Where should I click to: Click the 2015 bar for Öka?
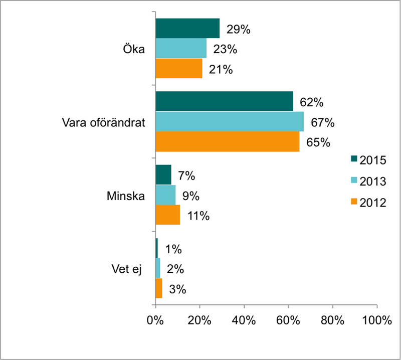[x=187, y=29]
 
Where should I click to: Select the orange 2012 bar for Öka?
[x=179, y=69]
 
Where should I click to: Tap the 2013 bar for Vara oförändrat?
[x=230, y=121]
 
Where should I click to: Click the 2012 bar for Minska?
[x=167, y=215]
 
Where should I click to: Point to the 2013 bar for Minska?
[x=165, y=195]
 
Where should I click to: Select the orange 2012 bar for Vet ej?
[x=158, y=288]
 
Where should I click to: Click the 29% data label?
[x=238, y=30]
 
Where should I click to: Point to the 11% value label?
[x=198, y=216]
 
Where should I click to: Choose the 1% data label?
[x=173, y=249]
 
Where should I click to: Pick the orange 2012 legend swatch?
[x=353, y=202]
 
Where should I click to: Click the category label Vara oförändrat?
[x=104, y=122]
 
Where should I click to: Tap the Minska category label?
[x=126, y=196]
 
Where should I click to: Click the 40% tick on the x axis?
[x=244, y=321]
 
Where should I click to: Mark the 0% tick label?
[x=155, y=321]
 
